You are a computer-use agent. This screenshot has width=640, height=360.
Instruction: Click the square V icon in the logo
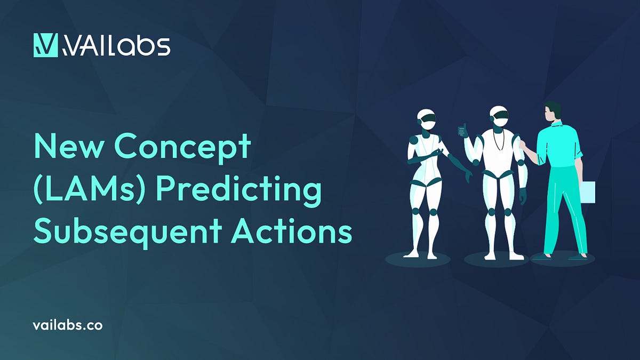(x=45, y=45)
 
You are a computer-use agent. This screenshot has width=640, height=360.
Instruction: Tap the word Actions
(x=291, y=233)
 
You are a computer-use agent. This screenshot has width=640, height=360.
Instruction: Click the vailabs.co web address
(x=67, y=325)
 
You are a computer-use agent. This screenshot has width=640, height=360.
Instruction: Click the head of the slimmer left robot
(x=427, y=118)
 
